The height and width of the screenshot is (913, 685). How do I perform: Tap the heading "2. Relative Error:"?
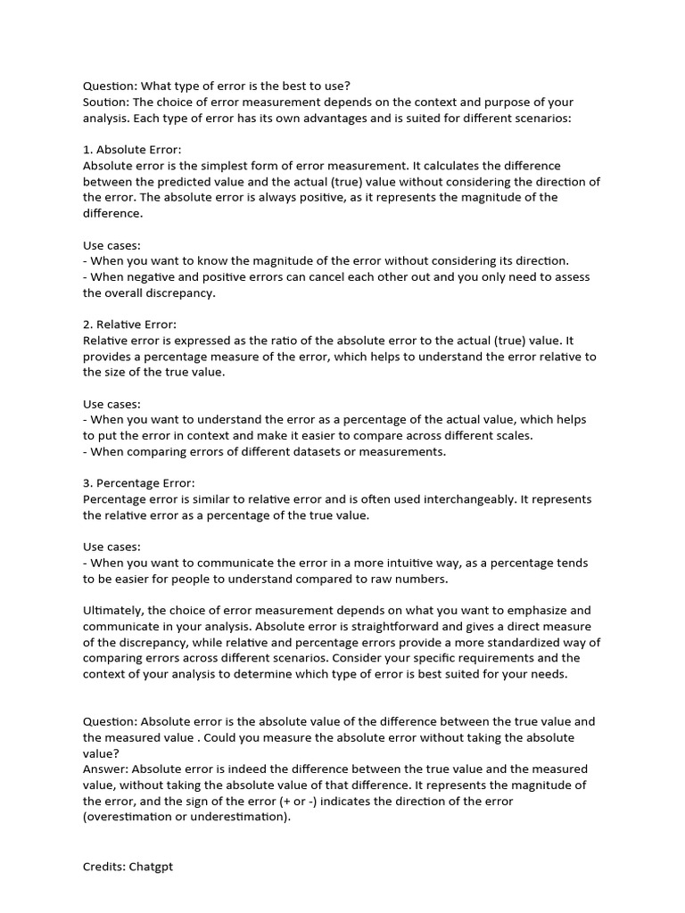coord(129,325)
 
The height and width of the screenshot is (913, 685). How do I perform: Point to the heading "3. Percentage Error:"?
coord(138,483)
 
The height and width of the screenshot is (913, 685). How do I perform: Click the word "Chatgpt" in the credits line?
coord(151,866)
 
